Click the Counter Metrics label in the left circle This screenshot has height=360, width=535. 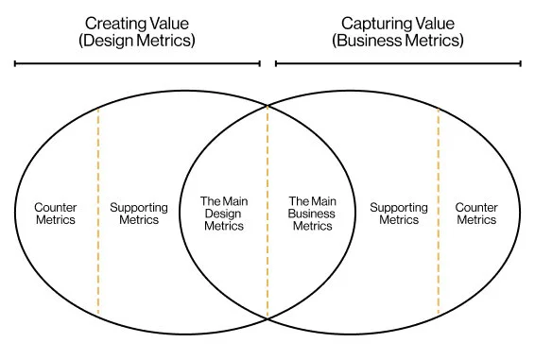(x=56, y=214)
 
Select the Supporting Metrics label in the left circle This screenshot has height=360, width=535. (x=139, y=214)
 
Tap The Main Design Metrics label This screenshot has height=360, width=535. (x=224, y=214)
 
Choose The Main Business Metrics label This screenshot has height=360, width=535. (x=312, y=214)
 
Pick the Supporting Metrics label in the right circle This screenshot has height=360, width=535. (x=399, y=214)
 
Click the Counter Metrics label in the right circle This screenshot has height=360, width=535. (x=476, y=214)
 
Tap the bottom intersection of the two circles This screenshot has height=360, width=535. (x=267, y=318)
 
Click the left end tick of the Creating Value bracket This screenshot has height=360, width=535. (x=15, y=64)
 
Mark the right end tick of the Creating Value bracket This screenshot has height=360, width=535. (x=260, y=64)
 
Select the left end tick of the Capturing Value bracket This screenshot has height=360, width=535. (x=276, y=64)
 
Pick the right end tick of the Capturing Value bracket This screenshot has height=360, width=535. (x=520, y=64)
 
